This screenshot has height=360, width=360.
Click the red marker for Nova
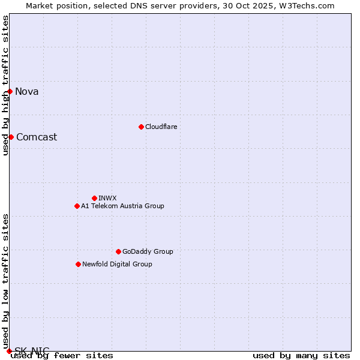click(x=10, y=91)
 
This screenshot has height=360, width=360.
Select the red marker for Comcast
click(x=11, y=137)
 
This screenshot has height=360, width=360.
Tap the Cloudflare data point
click(x=141, y=127)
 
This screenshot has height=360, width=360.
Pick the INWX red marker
click(x=94, y=198)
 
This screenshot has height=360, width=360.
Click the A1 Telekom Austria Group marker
click(x=77, y=206)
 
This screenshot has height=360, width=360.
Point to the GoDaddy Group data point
click(x=118, y=251)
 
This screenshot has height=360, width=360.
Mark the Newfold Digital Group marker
click(x=78, y=264)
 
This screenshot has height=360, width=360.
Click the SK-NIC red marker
click(x=9, y=350)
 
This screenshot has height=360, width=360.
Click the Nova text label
click(x=27, y=92)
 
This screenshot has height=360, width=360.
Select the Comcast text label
click(x=37, y=137)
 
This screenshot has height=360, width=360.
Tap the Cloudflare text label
click(x=161, y=127)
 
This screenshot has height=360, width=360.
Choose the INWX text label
click(x=107, y=198)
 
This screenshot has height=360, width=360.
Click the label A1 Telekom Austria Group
click(x=122, y=206)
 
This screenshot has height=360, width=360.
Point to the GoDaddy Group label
click(x=148, y=251)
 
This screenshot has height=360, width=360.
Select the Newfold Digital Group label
click(x=117, y=264)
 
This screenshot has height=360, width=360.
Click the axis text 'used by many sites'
click(x=301, y=356)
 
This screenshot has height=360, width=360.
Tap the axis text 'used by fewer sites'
click(x=62, y=356)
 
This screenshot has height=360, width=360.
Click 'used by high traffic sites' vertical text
click(x=5, y=85)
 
